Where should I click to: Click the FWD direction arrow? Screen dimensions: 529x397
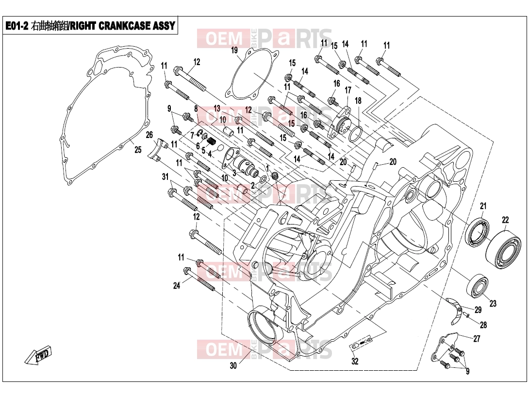tap(38, 355)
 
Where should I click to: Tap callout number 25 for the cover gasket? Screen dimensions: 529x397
tap(138, 150)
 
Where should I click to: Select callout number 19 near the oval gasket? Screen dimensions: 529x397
tap(234, 51)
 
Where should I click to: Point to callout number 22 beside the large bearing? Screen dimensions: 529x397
tap(505, 220)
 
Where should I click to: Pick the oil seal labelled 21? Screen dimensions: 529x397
tap(478, 233)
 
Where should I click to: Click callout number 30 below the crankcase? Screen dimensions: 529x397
tap(233, 365)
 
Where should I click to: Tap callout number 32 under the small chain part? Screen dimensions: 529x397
tap(355, 361)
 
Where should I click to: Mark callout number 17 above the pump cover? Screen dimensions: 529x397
tap(348, 90)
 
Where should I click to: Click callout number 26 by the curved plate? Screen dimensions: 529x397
tap(149, 135)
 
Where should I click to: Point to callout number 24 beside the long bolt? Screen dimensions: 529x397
tap(177, 286)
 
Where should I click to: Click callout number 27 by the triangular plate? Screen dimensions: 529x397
tap(477, 339)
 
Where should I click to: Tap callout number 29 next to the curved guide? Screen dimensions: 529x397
tap(478, 310)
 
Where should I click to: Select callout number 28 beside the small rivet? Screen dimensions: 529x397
tap(483, 325)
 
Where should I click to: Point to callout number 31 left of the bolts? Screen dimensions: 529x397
tap(165, 177)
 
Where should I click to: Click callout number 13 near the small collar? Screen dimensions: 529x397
tap(216, 108)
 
